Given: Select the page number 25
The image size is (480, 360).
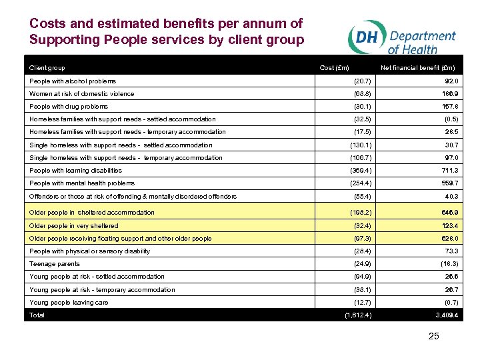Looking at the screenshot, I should coord(433,336).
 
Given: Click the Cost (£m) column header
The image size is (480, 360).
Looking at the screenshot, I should coord(335,67).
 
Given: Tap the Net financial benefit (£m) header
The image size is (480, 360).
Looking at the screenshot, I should coord(418,67).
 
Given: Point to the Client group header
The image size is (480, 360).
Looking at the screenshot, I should coord(47,67).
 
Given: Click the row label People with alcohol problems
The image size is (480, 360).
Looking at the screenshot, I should coord(73,81).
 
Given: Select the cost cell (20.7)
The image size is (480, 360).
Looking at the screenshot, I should coord(363,81).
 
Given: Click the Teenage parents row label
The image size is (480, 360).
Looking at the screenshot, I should coord(55,264).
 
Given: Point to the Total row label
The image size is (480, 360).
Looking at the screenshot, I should coord(37,315).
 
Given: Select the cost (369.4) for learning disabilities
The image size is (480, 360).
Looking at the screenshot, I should coord(361,170).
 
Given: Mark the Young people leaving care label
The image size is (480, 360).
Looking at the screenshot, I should coord(69,302).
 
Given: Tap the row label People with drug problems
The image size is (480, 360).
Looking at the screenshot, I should coord(69,106).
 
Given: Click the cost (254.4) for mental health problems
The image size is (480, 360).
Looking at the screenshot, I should coord(361,183).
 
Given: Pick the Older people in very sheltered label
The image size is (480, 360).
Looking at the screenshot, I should coord(74,226).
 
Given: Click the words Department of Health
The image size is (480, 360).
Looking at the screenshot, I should coord(421,42).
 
